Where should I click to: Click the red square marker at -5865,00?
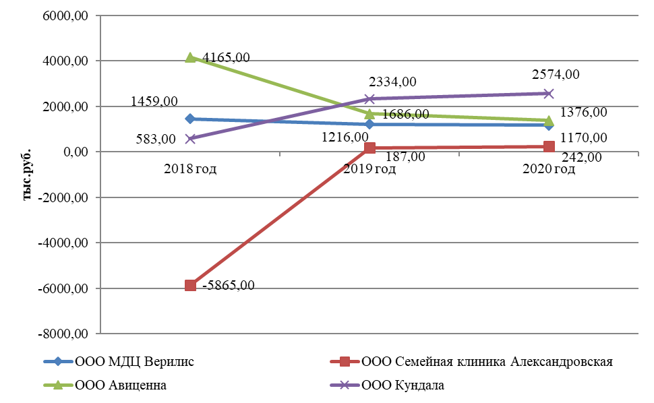[x=190, y=285]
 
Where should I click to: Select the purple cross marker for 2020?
[x=549, y=94]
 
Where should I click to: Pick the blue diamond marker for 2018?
[x=190, y=119]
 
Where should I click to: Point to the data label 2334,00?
[x=392, y=82]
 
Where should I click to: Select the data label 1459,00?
[x=154, y=101]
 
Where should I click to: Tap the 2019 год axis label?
[x=369, y=169]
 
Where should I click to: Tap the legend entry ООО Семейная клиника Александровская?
[x=487, y=362]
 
